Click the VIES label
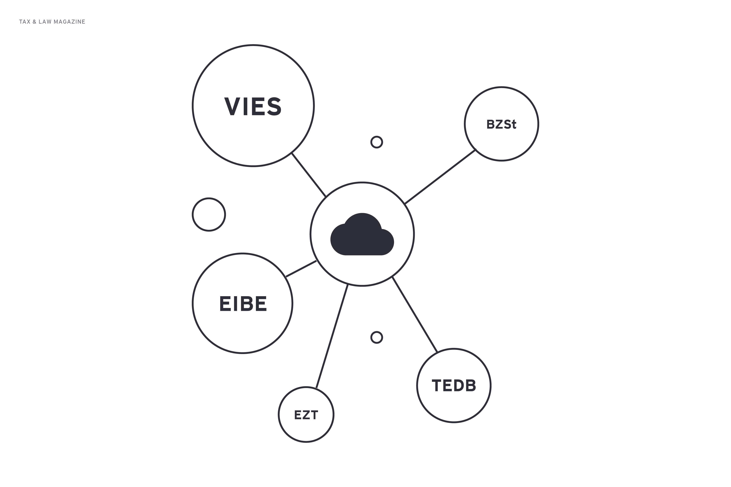(253, 106)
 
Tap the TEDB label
(454, 385)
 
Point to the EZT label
(306, 415)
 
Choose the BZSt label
(501, 124)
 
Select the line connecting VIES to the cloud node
(309, 175)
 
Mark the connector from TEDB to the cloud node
(415, 314)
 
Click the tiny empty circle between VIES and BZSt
(377, 142)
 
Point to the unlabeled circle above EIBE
(209, 215)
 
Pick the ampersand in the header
(34, 22)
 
